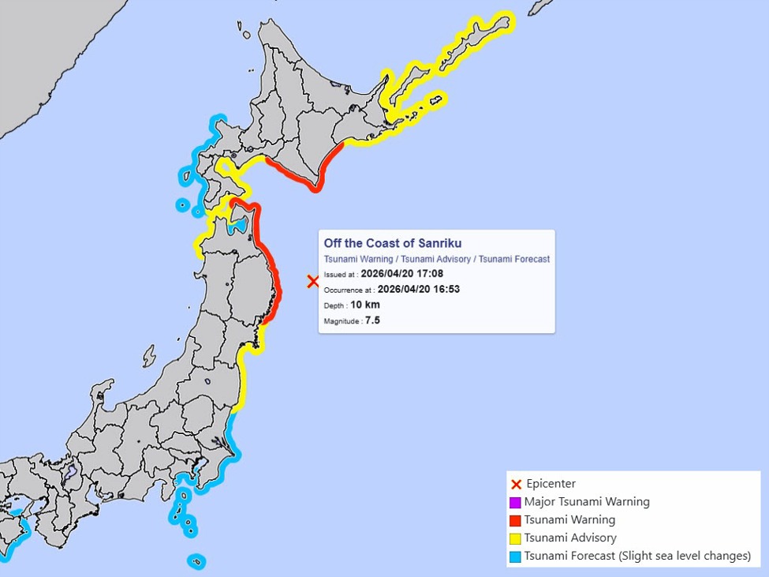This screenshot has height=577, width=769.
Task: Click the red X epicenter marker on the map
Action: pos(313,281)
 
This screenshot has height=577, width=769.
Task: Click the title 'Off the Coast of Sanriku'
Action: pos(392,243)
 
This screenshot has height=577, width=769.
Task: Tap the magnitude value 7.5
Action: pos(372,320)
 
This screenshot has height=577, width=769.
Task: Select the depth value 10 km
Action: pos(365,305)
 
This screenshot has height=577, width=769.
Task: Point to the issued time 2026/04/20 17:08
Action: pos(401,274)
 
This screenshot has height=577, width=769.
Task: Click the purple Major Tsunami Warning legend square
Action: pos(515,502)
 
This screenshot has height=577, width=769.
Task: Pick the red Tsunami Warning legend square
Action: pos(515,520)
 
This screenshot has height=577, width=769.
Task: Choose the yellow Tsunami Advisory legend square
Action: pos(515,538)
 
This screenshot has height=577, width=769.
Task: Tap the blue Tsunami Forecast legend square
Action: pos(515,556)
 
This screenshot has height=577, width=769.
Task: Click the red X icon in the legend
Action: pos(516,484)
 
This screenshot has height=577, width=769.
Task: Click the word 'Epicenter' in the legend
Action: pos(551,484)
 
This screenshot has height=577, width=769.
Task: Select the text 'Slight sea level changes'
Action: pos(685,556)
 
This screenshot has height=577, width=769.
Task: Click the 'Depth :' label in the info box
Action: pos(335,305)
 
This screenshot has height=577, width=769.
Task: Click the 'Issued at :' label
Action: pos(341,275)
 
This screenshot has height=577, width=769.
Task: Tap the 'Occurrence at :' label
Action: pos(349,290)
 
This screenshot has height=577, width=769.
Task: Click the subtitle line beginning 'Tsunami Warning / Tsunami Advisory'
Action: pos(436,259)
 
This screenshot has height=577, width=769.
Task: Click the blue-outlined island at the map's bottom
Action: pos(196,561)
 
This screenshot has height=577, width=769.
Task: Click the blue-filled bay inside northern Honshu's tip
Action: pos(235,227)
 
